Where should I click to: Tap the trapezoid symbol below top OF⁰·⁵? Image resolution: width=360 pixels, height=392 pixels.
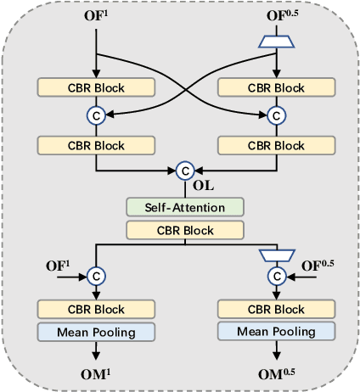pos(275,40)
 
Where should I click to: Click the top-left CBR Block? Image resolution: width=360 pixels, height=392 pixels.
pos(95,87)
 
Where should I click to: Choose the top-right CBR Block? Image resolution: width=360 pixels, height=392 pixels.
pos(275,87)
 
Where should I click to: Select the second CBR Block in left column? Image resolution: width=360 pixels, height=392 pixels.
pos(95,145)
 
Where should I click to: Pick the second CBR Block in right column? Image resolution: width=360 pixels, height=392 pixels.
pos(275,145)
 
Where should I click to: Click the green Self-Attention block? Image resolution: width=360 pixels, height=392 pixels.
pos(185,206)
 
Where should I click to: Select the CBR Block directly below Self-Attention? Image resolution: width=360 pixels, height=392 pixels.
pos(185,229)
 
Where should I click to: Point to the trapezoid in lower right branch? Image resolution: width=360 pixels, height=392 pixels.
pos(275,254)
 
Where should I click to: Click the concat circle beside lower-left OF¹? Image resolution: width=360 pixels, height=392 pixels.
pos(95,276)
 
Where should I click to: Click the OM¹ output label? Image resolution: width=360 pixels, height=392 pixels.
pos(95,372)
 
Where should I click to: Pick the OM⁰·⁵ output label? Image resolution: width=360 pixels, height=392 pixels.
pos(275,372)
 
